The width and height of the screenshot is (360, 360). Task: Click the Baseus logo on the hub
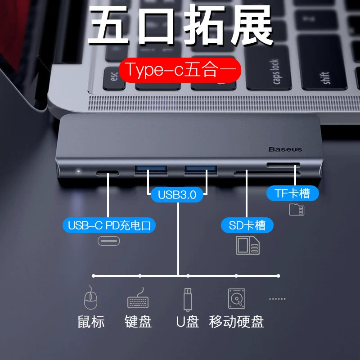point(285,149)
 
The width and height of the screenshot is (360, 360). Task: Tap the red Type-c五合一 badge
point(180,70)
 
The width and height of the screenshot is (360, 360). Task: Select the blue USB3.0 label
point(177,195)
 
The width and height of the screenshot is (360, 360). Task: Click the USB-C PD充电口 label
point(109,225)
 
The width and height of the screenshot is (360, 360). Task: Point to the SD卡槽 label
point(247,225)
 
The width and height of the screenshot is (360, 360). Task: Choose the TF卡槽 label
point(292,193)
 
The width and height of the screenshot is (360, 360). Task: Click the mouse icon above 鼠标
point(91,297)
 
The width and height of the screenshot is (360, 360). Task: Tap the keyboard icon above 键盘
point(138,298)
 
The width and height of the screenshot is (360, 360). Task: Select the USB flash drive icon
point(188,300)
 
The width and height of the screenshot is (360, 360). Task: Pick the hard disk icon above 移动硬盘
point(237,298)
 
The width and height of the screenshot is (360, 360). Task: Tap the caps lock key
point(268,68)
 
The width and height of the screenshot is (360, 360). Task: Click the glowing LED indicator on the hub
point(78,171)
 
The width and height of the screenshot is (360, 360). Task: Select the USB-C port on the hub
point(107,173)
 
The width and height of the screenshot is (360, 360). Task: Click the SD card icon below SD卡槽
point(248,245)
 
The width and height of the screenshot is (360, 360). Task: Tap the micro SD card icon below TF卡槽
point(297,209)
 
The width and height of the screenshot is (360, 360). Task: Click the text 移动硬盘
point(237,322)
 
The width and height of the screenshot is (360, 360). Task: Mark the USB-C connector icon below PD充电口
point(108,241)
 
